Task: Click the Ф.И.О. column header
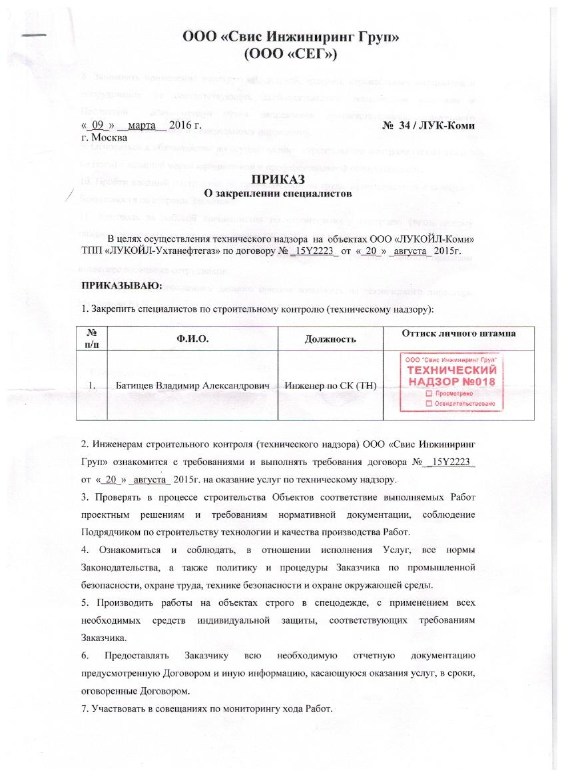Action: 192,339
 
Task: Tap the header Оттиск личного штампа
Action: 459,333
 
